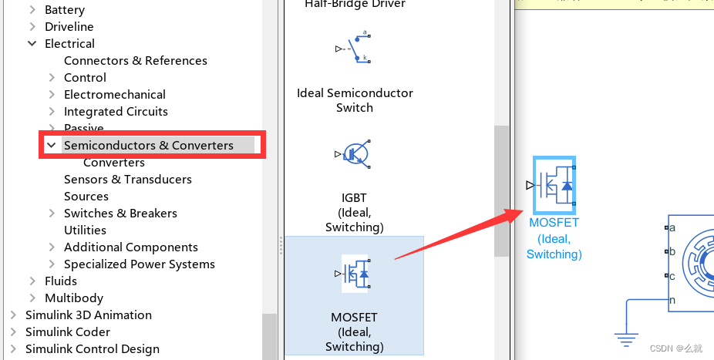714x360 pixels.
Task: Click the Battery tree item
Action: [65, 10]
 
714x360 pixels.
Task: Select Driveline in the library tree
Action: [69, 27]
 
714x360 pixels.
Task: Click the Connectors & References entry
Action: [136, 61]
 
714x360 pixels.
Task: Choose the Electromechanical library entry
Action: [115, 95]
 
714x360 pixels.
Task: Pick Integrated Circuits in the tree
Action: [116, 112]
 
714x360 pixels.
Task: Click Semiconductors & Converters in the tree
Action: [149, 146]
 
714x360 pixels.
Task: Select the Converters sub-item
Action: [114, 163]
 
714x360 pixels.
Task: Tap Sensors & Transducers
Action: [128, 180]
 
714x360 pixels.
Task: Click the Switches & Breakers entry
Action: [120, 214]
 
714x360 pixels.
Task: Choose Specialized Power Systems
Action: [140, 264]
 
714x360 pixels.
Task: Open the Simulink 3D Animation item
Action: [89, 315]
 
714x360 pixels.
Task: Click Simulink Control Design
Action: [93, 349]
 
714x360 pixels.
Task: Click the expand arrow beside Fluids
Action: [32, 281]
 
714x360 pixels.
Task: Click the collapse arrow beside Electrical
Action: [32, 44]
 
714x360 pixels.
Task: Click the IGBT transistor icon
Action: [354, 154]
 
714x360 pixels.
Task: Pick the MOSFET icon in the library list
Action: [355, 274]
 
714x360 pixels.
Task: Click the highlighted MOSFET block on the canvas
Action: [554, 185]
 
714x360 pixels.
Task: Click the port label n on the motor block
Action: [672, 301]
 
